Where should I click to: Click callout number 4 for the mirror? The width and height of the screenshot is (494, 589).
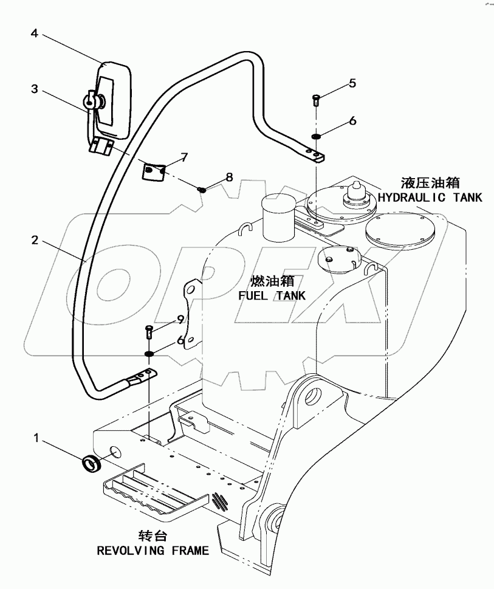click(35, 34)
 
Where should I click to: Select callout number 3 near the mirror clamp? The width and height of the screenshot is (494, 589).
click(35, 89)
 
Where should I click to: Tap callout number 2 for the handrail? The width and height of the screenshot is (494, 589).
click(35, 241)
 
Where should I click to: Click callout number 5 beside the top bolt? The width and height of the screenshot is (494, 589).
click(352, 83)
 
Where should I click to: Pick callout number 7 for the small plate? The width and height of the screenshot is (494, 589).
click(184, 157)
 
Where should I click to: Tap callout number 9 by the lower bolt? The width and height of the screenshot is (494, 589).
click(180, 319)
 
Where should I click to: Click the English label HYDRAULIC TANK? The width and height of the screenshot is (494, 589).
click(430, 197)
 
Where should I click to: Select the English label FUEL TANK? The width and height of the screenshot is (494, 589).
click(272, 295)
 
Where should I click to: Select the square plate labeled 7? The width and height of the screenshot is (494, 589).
click(154, 171)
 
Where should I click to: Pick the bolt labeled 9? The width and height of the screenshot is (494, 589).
click(149, 332)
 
